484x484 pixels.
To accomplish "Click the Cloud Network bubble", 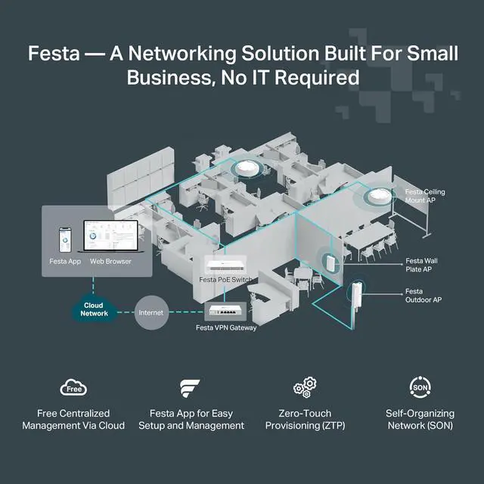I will [x=95, y=309].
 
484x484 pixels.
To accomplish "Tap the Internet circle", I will [x=152, y=311].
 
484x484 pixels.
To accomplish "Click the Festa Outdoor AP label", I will [x=423, y=296].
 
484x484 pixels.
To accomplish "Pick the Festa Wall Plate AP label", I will [x=421, y=265].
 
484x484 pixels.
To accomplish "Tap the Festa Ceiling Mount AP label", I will [x=425, y=197].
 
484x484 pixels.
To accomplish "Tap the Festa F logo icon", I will [x=191, y=389].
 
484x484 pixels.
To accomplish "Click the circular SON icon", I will [x=418, y=388].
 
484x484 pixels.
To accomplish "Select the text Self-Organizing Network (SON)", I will [x=418, y=419].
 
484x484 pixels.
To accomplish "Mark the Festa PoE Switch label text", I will [x=225, y=280].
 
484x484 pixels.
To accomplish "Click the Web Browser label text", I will [x=110, y=262].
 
